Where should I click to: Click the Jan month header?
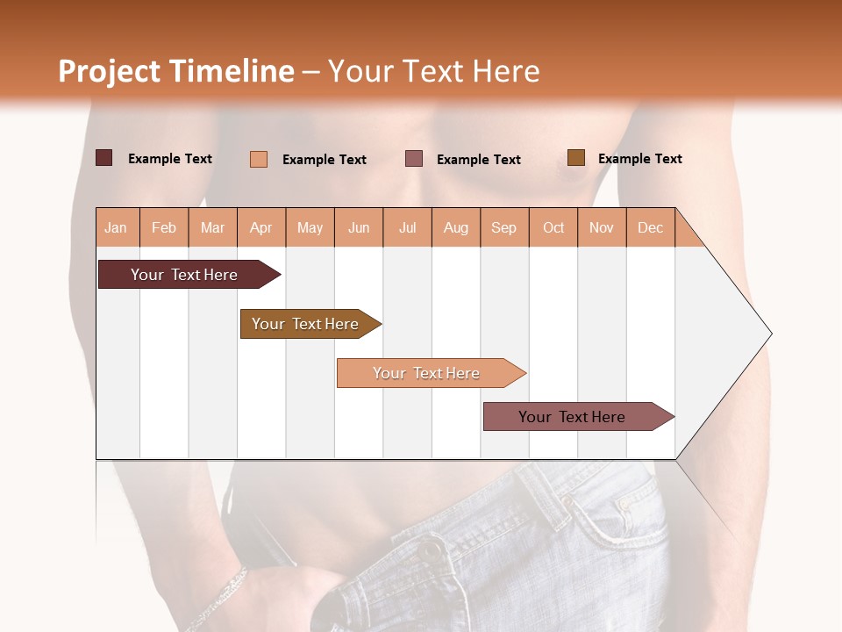pos(117,227)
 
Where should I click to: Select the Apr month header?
pos(261,227)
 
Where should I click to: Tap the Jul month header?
pos(407,227)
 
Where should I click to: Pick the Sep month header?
pos(503,227)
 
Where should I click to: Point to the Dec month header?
pos(650,227)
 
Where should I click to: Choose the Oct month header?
pos(553,227)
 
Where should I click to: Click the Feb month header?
pos(164,227)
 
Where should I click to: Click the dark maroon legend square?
pos(104,158)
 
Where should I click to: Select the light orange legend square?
pos(259,159)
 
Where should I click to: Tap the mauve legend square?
pos(414,158)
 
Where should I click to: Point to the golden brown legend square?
pos(576,158)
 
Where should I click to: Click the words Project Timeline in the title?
pos(175,71)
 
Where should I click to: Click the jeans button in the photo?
pos(432,550)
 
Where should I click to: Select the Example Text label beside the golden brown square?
pos(639,159)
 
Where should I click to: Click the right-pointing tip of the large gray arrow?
pos(769,334)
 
